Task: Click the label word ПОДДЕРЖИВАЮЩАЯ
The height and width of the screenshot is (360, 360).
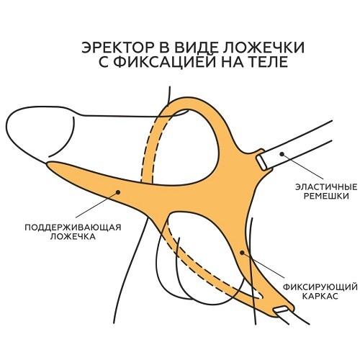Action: tap(73, 228)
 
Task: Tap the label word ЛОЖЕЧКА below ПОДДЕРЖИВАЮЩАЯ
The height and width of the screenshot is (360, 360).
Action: tap(73, 237)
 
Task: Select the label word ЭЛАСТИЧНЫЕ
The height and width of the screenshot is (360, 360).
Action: tap(326, 186)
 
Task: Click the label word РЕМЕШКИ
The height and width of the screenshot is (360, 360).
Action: tap(326, 196)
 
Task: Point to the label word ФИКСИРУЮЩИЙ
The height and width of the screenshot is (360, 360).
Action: tap(320, 287)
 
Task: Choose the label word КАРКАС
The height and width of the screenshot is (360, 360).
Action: tap(320, 296)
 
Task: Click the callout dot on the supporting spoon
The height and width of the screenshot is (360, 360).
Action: tap(118, 192)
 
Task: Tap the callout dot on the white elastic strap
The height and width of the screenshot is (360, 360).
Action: tap(282, 153)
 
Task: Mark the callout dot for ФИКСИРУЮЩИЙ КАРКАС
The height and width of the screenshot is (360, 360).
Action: tap(242, 253)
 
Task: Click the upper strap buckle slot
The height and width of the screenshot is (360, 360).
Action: tap(261, 163)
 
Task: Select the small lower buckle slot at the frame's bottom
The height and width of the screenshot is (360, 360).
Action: tap(281, 309)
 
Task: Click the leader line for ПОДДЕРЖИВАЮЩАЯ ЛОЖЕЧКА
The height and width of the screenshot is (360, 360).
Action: tap(96, 204)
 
